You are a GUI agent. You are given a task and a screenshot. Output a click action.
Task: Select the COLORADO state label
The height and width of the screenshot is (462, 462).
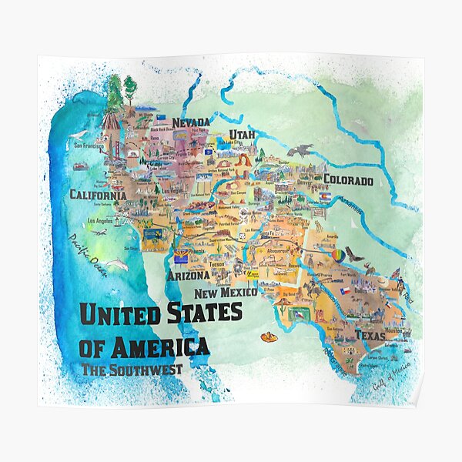[348, 181]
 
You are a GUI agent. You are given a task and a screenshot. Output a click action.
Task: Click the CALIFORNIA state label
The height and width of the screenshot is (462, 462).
[98, 195]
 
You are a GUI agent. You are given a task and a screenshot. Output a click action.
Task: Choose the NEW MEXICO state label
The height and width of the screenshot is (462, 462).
[225, 293]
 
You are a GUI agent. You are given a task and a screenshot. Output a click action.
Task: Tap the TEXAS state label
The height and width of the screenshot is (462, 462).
[370, 336]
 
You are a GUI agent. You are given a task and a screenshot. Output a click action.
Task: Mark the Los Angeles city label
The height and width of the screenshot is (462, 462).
[103, 221]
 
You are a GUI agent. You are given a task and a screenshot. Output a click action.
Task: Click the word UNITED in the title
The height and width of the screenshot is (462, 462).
[120, 314]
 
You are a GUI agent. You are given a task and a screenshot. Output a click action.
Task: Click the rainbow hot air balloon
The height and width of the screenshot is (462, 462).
[338, 255]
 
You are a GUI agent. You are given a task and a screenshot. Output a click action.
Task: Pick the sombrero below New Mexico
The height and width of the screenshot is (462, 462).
[269, 337]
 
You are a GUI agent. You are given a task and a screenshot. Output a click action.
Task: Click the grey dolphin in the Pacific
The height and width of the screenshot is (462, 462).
[116, 264]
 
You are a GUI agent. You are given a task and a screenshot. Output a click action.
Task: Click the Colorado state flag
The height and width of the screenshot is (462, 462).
[326, 196]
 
